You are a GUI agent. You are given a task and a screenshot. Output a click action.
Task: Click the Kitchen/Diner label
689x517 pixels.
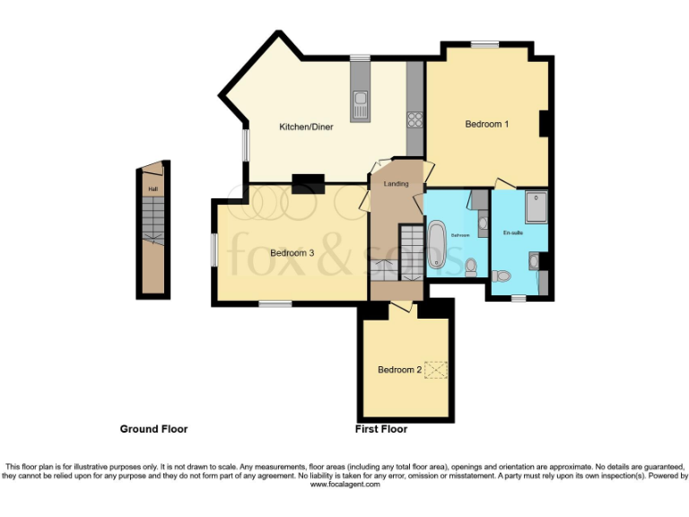306,127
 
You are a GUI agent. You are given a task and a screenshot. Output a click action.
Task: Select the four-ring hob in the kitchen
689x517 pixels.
415,118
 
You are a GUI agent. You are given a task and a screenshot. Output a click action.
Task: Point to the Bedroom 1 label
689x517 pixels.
487,124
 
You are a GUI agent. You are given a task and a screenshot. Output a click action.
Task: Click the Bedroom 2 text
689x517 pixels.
400,370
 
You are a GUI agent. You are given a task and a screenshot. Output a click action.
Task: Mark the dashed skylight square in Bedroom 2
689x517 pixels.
436,370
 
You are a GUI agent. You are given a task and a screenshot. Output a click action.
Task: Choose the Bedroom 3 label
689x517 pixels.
292,253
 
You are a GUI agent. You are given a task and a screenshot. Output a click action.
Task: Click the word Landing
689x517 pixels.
396,184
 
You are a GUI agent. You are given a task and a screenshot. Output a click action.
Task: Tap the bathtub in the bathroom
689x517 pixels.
437,244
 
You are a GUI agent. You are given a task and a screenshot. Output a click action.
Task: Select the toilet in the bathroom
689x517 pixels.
471,265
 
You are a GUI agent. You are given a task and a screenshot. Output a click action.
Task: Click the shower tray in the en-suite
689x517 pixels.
536,206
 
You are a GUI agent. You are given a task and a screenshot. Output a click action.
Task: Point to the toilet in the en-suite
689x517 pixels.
501,275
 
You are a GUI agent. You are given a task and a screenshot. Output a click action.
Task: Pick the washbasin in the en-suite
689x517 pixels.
534,261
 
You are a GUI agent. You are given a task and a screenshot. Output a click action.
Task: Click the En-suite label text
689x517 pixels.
512,233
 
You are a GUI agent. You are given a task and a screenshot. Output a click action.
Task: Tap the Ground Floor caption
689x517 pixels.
153,429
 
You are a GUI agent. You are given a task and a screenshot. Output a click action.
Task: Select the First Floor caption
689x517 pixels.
381,429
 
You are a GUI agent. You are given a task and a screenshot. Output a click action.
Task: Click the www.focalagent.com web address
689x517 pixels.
345,484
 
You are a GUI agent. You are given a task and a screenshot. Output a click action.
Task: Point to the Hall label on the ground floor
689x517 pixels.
153,189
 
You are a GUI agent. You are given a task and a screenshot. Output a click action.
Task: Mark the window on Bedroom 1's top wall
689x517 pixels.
485,43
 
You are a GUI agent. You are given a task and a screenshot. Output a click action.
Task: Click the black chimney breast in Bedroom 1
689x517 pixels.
543,124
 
